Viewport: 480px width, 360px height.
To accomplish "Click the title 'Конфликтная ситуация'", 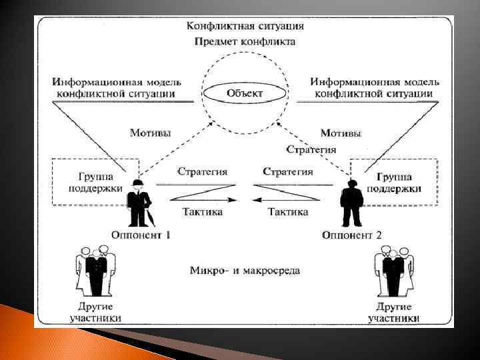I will pos(245,26).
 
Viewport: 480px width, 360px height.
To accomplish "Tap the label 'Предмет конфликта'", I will pos(245,41).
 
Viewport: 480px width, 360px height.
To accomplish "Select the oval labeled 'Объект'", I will pos(245,93).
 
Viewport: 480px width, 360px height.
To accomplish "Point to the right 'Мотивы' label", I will pos(341,133).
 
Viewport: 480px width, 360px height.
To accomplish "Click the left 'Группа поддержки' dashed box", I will pos(95,182).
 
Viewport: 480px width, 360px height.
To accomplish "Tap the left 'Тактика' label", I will pos(202,212).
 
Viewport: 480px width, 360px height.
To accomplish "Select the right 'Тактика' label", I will pos(287,212).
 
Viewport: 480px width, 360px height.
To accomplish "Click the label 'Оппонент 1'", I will pos(141,234).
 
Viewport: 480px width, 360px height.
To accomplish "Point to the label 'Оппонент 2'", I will pos(351,234).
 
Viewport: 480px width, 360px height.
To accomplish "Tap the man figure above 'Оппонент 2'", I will pos(351,203).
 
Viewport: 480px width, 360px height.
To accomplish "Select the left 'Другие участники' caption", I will pos(95,312).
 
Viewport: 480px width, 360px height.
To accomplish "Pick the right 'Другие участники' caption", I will pos(393,312).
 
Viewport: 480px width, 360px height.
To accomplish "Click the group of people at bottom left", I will pos(94,271).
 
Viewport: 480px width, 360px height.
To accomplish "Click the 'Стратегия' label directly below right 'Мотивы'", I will pos(311,149).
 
